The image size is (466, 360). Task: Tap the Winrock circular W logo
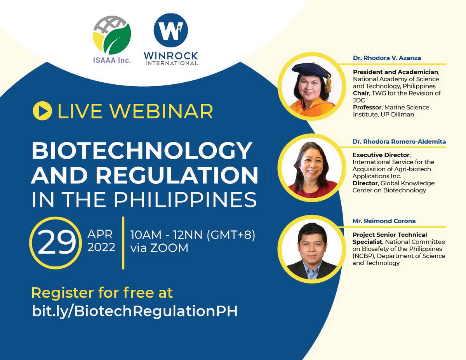[171, 30]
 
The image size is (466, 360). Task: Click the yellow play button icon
[42, 111]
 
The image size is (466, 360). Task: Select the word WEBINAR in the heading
[162, 111]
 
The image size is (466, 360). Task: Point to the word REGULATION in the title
[177, 176]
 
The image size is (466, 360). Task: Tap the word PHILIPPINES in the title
[185, 200]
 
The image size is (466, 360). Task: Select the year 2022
[101, 247]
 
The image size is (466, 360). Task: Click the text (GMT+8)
[231, 235]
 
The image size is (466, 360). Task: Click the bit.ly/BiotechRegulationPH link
[135, 311]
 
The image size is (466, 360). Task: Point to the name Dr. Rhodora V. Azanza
[387, 58]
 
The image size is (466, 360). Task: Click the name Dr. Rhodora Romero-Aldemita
[399, 141]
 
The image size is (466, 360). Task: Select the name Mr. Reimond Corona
[384, 221]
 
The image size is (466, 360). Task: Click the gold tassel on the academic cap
[328, 83]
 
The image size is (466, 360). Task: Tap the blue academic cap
[311, 71]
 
